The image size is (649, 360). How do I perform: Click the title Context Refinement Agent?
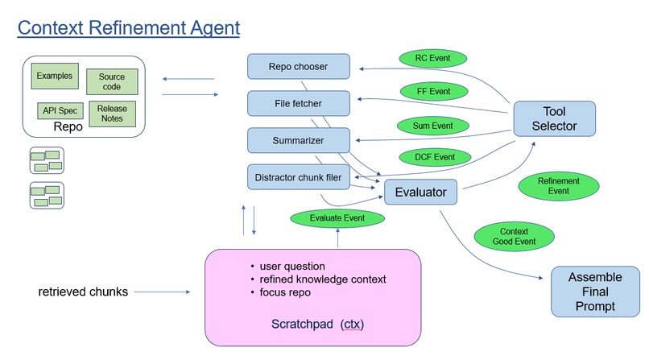(x=128, y=29)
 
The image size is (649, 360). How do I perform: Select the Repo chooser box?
(x=298, y=67)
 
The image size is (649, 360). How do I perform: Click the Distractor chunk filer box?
(x=298, y=176)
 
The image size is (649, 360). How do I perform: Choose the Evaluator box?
(x=421, y=192)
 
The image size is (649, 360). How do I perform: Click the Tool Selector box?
(x=554, y=118)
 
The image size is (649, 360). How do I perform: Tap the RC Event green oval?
(x=434, y=60)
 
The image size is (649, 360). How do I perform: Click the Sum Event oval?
(x=432, y=126)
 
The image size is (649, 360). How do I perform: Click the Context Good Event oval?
(x=514, y=236)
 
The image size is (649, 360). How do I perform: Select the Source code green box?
(x=112, y=81)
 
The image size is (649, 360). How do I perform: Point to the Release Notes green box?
(x=112, y=113)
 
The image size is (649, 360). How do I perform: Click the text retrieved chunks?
(x=83, y=292)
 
